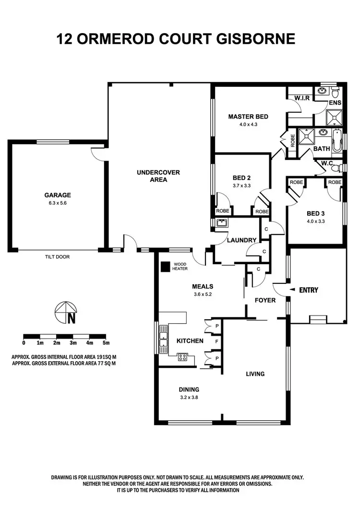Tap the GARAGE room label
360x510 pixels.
58,195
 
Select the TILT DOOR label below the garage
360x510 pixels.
57,257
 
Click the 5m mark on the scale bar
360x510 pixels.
106,343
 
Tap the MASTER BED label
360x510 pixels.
248,117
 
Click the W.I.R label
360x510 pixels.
301,98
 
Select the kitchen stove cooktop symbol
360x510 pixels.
182,356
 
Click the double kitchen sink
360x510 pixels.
164,339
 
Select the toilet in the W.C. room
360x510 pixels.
340,167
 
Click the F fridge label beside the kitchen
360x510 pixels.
217,342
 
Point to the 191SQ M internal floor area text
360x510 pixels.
101,358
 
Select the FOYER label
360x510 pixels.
265,300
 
